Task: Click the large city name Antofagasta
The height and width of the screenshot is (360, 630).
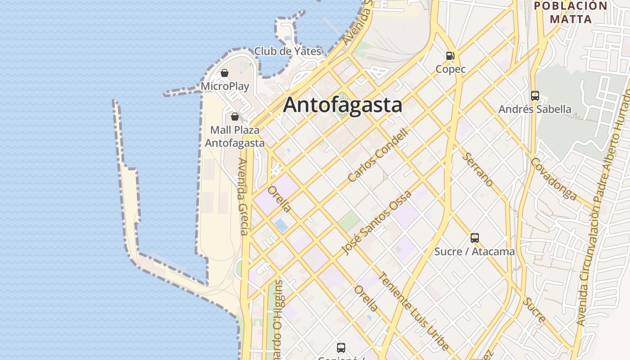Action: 342,105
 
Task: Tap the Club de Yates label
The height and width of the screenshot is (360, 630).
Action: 288,51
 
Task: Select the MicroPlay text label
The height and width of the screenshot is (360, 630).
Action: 225,86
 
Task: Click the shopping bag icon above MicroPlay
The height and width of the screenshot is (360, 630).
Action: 225,73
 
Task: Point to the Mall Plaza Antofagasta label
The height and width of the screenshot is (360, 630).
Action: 234,136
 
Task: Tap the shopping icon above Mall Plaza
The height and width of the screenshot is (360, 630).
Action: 234,117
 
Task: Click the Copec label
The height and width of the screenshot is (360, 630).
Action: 450,69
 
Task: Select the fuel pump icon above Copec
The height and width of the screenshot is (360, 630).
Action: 450,56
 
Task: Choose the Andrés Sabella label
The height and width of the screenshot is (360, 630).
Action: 535,109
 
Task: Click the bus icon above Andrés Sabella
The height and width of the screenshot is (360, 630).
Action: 535,96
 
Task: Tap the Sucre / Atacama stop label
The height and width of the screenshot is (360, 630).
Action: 474,252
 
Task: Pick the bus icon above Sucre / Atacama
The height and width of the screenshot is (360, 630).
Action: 475,238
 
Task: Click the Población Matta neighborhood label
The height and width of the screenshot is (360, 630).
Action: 571,13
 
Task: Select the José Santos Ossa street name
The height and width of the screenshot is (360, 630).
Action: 377,223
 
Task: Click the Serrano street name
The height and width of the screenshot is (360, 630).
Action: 477,169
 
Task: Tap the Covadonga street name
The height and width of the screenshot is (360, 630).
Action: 553,179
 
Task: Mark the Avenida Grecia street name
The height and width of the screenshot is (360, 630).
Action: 243,197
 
